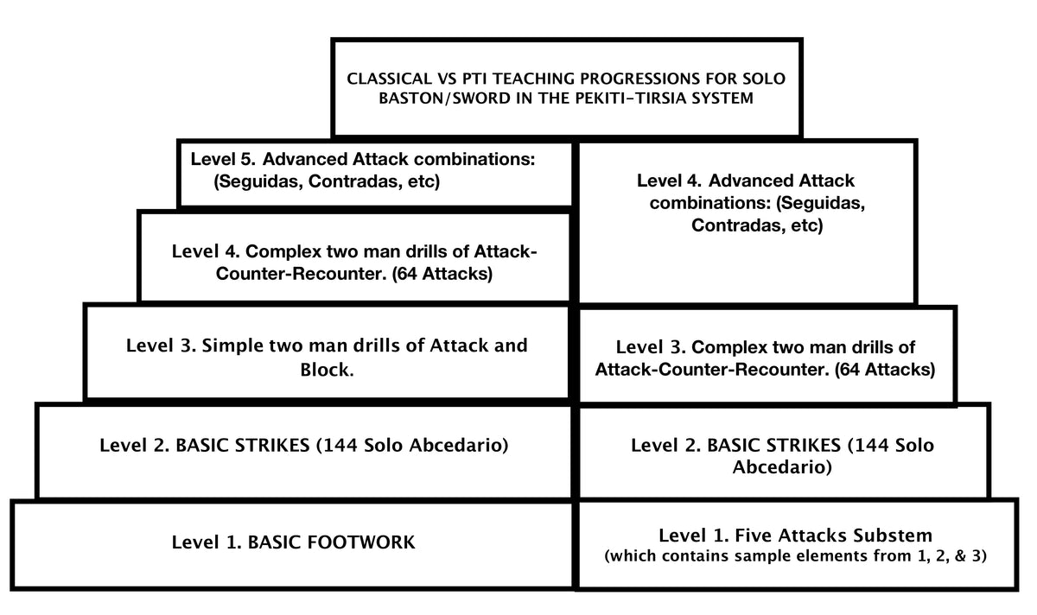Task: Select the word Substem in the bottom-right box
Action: pyautogui.click(x=890, y=535)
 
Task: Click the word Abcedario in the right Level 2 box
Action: pyautogui.click(x=782, y=468)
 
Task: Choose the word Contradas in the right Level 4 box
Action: pyautogui.click(x=738, y=226)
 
